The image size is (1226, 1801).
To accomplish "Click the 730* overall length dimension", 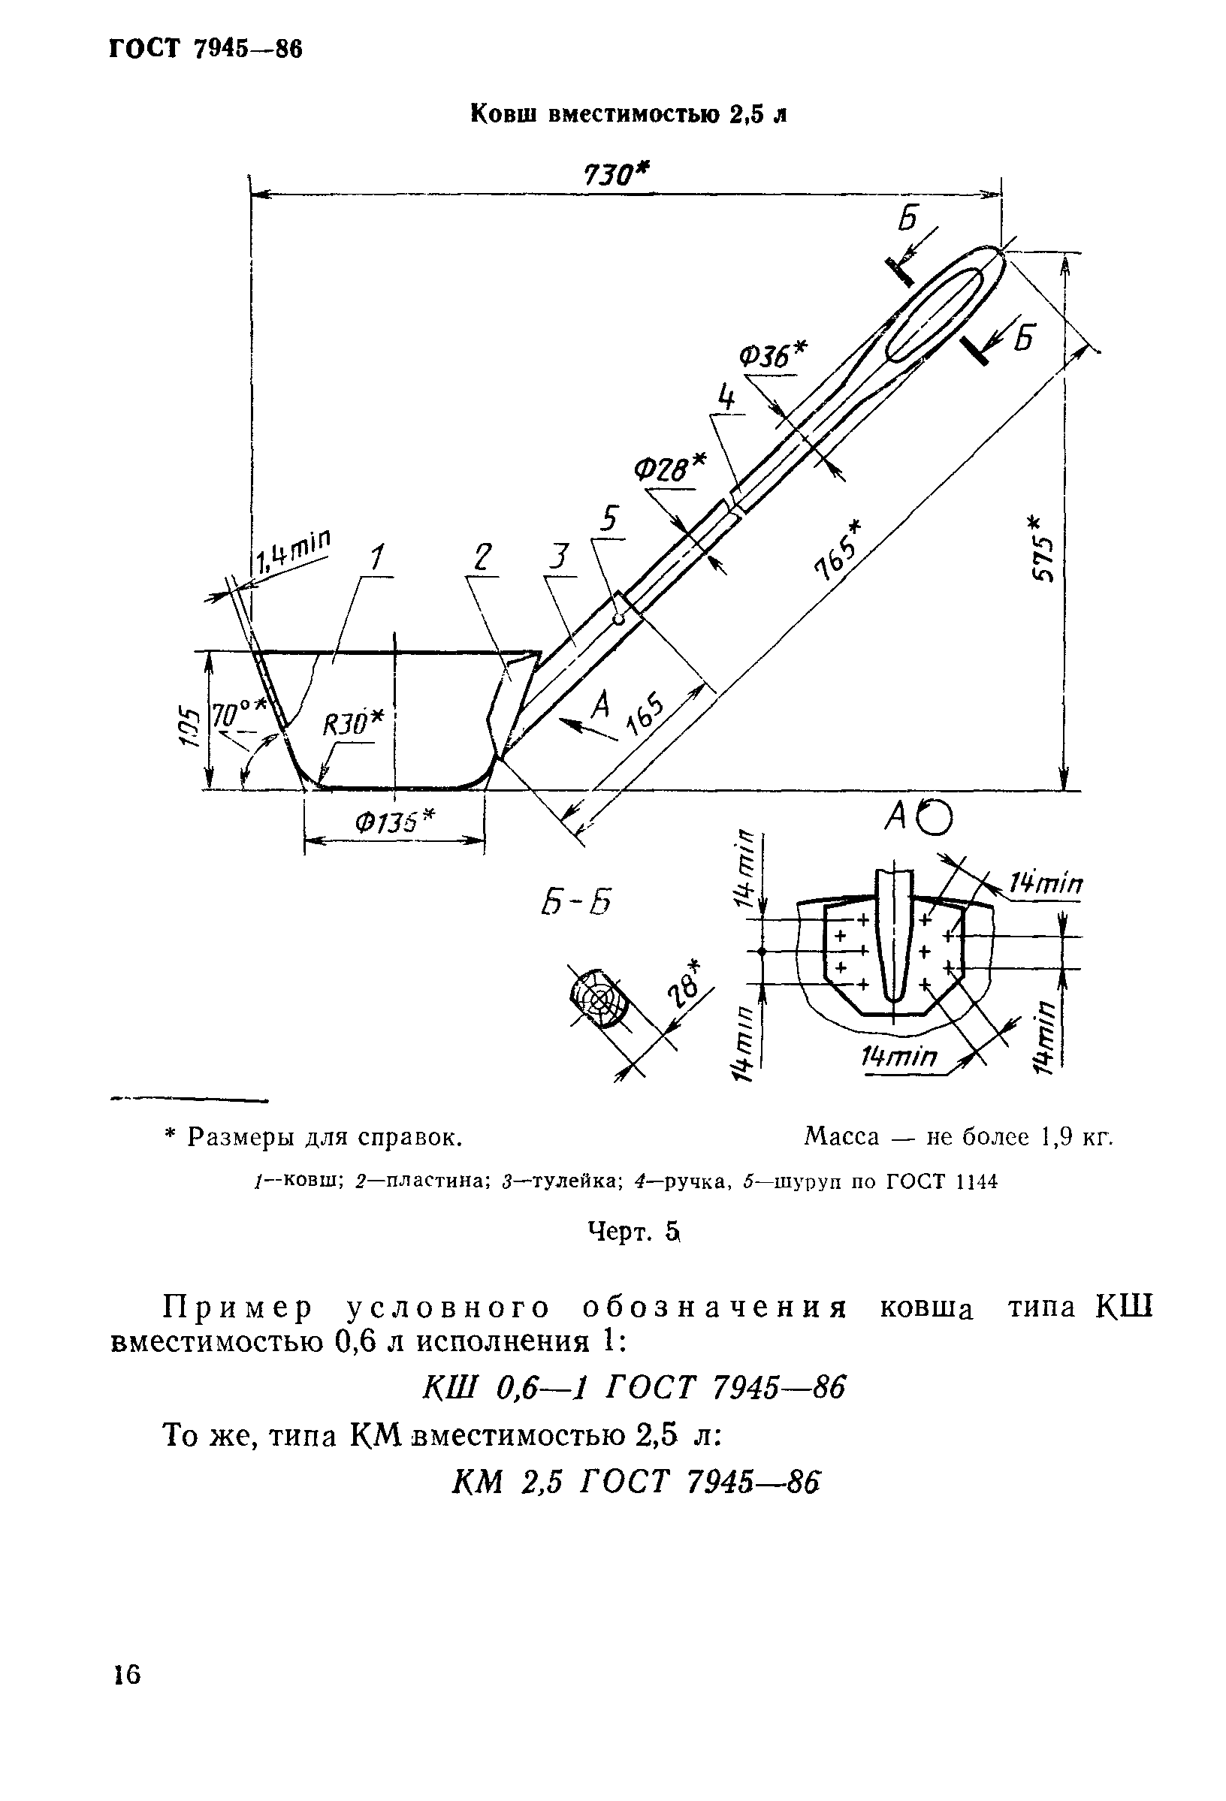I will coord(615,175).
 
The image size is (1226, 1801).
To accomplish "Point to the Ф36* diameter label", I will coord(772,355).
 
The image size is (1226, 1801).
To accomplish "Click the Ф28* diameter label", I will coord(670,467).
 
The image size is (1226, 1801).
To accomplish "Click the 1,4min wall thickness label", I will coord(292,550).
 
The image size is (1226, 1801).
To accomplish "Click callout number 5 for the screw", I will coord(610,517).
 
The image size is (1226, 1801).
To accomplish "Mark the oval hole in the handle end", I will coord(935,314).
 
